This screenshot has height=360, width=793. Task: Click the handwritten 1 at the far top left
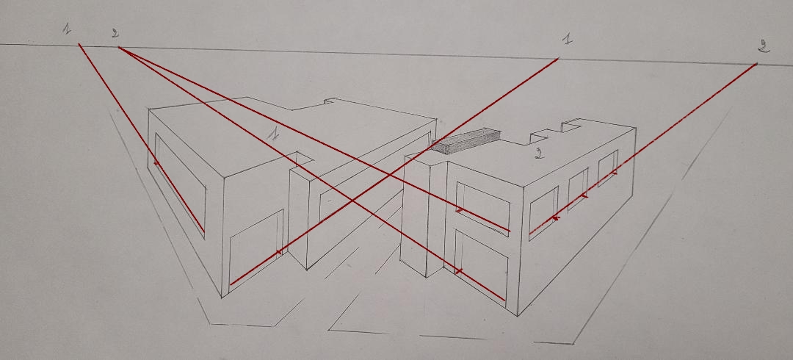tap(67, 29)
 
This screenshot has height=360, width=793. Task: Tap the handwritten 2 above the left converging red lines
tap(115, 33)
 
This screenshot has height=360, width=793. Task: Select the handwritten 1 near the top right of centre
tap(568, 39)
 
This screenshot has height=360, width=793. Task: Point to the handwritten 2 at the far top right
tap(764, 46)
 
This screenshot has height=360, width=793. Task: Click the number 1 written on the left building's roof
tap(273, 133)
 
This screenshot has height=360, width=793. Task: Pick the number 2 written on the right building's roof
tap(540, 154)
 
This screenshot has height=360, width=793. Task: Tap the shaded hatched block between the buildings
tap(466, 140)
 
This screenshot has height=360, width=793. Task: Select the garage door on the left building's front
tap(256, 249)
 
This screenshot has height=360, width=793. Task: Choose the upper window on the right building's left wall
tap(482, 209)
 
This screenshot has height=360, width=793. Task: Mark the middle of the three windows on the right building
tap(578, 188)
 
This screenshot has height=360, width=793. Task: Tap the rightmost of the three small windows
tap(608, 168)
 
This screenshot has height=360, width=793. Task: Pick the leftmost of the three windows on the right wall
tap(543, 212)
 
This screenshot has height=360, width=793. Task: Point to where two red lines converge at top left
tap(119, 48)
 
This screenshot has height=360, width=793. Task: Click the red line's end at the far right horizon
tap(757, 64)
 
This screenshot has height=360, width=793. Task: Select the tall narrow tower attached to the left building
tap(298, 212)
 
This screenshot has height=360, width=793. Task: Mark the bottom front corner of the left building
tap(222, 298)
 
